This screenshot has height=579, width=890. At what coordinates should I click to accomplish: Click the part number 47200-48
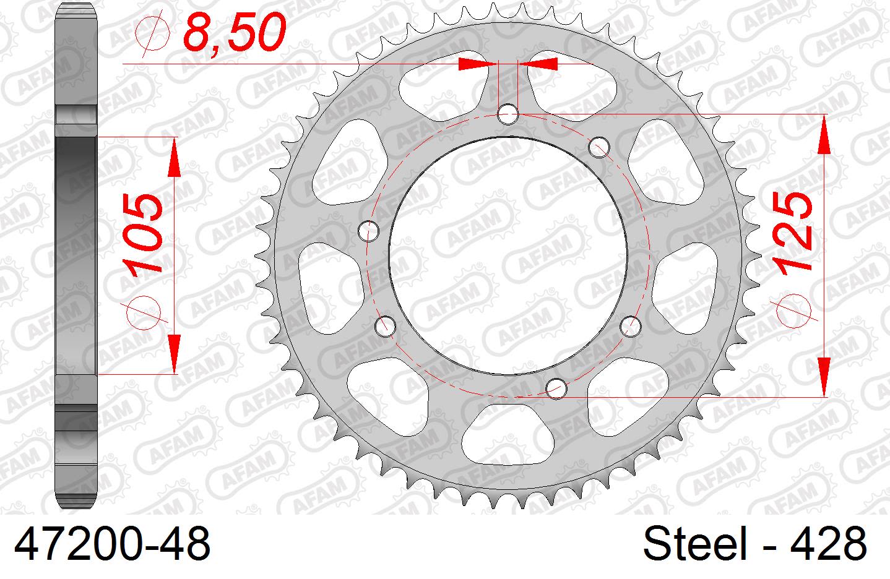(x=112, y=545)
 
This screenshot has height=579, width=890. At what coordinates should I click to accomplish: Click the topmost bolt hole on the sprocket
(x=508, y=113)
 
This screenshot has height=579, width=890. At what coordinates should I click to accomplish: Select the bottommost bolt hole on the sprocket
(x=557, y=388)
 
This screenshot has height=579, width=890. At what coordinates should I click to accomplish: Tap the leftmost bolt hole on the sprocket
(x=368, y=230)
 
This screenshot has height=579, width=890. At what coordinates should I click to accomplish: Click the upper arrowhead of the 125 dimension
(x=824, y=133)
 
